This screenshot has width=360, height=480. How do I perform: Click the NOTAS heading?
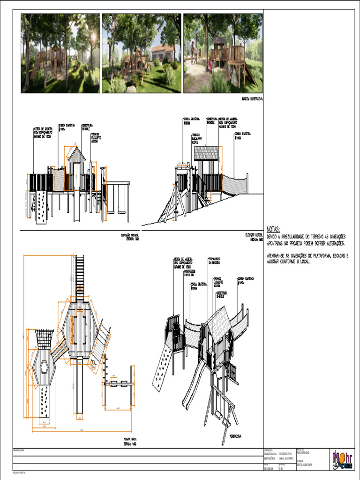click(273, 229)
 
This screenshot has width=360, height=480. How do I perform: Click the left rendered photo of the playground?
click(60, 53)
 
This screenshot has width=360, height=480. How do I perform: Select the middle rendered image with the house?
click(141, 53)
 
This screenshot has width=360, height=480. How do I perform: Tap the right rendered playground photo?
click(223, 53)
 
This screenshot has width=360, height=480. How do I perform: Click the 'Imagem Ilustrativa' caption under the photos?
click(252, 99)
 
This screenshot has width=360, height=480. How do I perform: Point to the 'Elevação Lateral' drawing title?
click(253, 236)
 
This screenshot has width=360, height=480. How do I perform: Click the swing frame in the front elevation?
click(117, 199)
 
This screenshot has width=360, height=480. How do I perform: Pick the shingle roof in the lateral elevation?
click(207, 153)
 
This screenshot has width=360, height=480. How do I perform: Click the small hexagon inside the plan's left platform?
click(45, 367)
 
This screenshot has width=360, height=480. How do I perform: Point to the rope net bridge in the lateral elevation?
click(235, 185)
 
